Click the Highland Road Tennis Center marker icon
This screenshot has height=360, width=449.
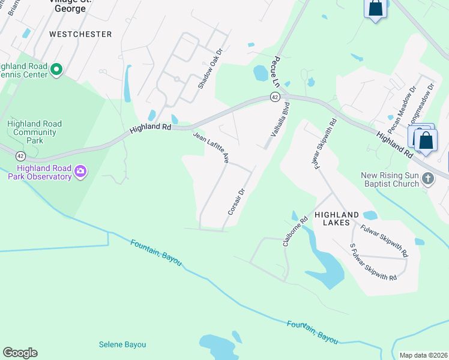(x=56, y=70)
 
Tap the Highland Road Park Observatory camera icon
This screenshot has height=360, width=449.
(x=80, y=173)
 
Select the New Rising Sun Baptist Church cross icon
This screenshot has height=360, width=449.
(x=427, y=179)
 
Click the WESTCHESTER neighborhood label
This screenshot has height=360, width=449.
(x=80, y=34)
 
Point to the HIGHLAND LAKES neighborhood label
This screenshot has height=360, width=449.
(x=337, y=219)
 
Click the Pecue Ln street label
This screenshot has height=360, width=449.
(x=276, y=73)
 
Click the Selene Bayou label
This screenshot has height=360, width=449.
(x=122, y=344)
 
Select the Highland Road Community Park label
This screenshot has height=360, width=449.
(x=34, y=132)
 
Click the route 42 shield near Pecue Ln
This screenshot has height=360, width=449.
(x=274, y=97)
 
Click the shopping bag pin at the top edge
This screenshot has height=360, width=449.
(x=375, y=9)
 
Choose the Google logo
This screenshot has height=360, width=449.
(x=20, y=353)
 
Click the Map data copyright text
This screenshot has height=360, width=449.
(x=423, y=355)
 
